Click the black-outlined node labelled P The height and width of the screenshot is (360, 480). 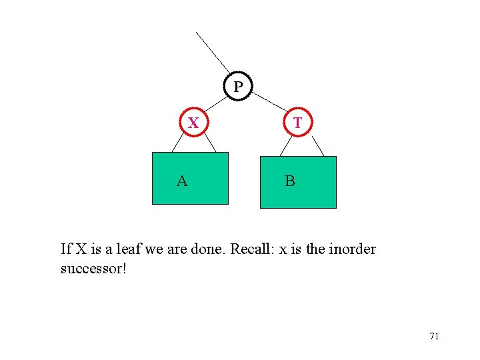238,87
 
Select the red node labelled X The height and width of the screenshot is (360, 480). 193,123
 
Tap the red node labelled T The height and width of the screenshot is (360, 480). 297,123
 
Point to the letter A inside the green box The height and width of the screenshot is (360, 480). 181,180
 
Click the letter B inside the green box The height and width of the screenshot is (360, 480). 290,181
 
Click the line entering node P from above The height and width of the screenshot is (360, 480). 213,51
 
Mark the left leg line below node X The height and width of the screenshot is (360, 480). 178,143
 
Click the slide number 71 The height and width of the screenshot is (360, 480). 434,336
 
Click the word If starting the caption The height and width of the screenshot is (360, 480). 66,250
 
